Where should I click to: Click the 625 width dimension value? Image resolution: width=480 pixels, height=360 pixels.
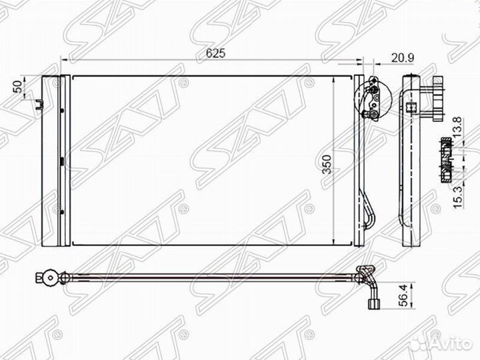click(x=215, y=53)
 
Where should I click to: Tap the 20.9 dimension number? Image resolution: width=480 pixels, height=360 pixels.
click(x=403, y=58)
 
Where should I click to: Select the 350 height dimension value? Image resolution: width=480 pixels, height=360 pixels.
click(x=327, y=164)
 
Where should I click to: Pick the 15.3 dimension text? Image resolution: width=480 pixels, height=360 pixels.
click(x=457, y=198)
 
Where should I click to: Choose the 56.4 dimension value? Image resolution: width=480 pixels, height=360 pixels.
click(x=404, y=295)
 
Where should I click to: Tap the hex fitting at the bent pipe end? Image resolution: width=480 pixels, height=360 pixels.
click(x=373, y=305)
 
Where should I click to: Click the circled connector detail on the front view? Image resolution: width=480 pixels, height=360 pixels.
click(x=373, y=99)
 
